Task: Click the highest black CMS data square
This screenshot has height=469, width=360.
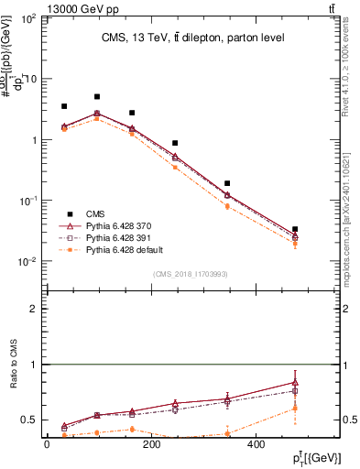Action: point(97,96)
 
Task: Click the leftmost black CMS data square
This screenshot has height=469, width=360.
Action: point(64,106)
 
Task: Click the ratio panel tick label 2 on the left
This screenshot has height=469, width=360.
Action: point(34,309)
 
